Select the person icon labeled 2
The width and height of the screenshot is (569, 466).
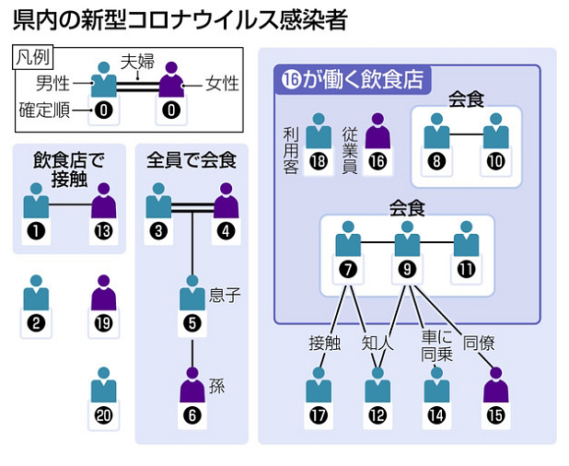point(37,300)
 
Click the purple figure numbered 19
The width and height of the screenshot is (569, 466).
point(103,300)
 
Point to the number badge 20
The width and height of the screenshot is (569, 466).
point(103,416)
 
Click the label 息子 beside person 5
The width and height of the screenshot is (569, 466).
point(226,297)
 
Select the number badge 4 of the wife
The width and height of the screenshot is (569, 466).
point(226,231)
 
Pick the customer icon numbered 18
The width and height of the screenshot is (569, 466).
point(318,141)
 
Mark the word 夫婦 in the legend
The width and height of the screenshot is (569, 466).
point(138,62)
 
